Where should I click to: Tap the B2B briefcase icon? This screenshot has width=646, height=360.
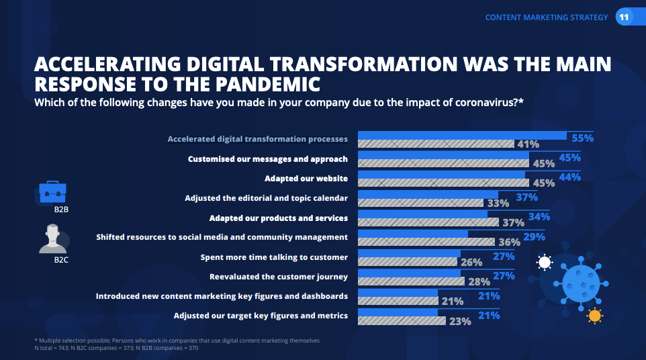(52, 192)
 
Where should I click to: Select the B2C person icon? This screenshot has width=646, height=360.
(52, 239)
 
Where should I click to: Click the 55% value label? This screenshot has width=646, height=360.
(582, 138)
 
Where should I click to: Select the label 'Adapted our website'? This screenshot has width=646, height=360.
(306, 179)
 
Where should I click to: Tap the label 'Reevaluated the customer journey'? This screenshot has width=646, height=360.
(279, 277)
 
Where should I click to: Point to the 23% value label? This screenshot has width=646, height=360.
(460, 321)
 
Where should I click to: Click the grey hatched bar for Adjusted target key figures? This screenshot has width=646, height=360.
(402, 320)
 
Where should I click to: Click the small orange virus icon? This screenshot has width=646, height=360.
(594, 316)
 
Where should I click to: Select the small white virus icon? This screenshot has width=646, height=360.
(544, 262)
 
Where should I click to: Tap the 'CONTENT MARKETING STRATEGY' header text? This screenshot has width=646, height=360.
(547, 17)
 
